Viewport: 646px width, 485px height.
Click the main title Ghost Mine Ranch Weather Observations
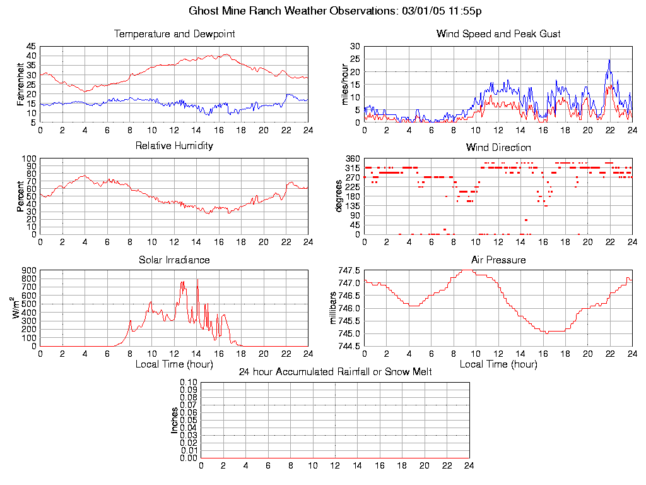tap(336, 11)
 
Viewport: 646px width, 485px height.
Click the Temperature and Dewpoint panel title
tap(174, 33)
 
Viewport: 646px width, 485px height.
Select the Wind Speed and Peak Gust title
tap(498, 33)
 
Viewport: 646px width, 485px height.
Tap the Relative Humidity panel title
tap(174, 146)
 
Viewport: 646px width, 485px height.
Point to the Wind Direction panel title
tap(498, 147)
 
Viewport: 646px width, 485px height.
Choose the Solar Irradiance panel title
tap(174, 260)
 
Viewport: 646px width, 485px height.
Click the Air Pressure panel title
tap(498, 260)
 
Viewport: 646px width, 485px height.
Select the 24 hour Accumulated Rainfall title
tap(335, 372)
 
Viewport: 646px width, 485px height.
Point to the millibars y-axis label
tap(334, 308)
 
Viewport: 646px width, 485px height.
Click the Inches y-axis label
tap(175, 420)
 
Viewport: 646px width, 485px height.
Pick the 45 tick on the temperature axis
tap(31, 47)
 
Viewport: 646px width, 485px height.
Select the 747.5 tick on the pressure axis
tap(349, 270)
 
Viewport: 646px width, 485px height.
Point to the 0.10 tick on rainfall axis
tap(189, 382)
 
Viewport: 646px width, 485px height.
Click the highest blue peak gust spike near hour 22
tap(609, 60)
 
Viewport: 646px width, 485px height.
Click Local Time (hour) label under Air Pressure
tap(498, 364)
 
